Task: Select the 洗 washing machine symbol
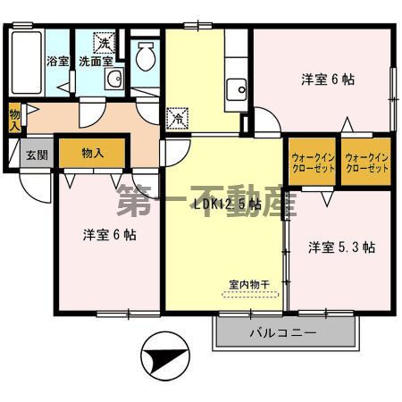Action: pyautogui.click(x=105, y=43)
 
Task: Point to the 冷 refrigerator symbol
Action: pyautogui.click(x=177, y=117)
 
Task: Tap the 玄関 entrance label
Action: pyautogui.click(x=34, y=154)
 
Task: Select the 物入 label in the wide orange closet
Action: pyautogui.click(x=92, y=153)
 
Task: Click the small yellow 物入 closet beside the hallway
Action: pyautogui.click(x=15, y=118)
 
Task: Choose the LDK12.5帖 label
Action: pyautogui.click(x=228, y=204)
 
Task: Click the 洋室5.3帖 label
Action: pyautogui.click(x=341, y=246)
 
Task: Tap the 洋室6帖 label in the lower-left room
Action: pyautogui.click(x=109, y=235)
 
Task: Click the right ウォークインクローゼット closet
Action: pyautogui.click(x=366, y=163)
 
